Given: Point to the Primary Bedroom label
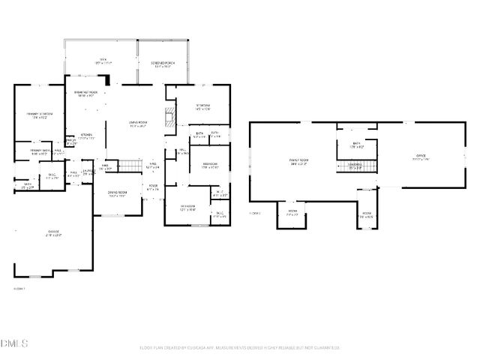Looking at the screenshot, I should pyautogui.click(x=37, y=115).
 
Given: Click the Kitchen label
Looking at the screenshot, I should pyautogui.click(x=87, y=136).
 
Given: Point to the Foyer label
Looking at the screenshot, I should pyautogui.click(x=152, y=187).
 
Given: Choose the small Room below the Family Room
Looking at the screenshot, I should pyautogui.click(x=292, y=213).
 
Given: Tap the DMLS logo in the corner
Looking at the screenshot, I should pyautogui.click(x=14, y=343).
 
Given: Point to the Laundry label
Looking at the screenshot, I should pyautogui.click(x=88, y=172).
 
